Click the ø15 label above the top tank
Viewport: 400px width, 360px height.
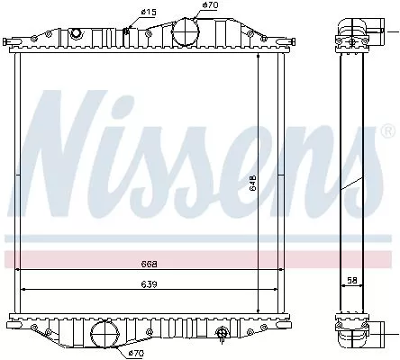point(148,11)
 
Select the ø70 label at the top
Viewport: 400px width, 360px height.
point(209,5)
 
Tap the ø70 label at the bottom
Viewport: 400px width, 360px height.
point(135,353)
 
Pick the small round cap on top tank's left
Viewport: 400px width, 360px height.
point(76,33)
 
